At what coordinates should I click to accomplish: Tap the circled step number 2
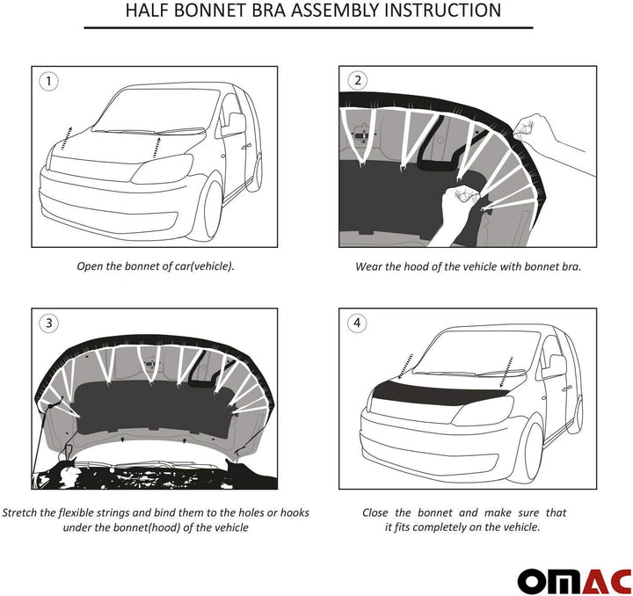(357, 81)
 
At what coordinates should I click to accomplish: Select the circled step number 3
(49, 323)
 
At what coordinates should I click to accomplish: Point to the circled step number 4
(357, 323)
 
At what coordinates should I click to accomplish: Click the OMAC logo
(573, 580)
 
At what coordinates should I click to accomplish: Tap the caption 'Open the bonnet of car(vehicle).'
(154, 265)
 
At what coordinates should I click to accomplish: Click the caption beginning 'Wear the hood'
(468, 265)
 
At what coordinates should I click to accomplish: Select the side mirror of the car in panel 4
(554, 367)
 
